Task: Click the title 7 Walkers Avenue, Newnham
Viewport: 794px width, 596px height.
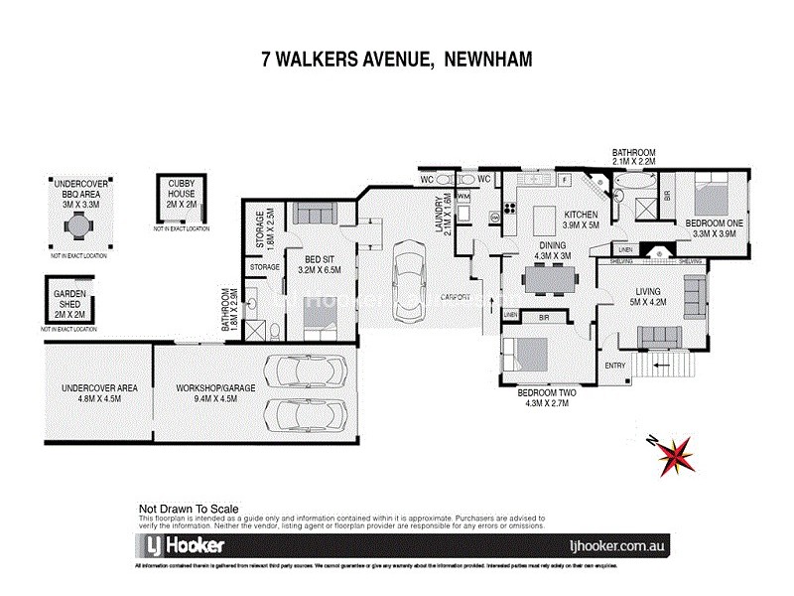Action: [397, 59]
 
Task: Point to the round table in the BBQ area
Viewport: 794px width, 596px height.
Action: [77, 226]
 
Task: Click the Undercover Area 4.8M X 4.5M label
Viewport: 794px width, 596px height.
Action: [98, 393]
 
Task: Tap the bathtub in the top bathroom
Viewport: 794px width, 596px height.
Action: [632, 183]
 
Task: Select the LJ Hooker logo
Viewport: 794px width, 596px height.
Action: [181, 544]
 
